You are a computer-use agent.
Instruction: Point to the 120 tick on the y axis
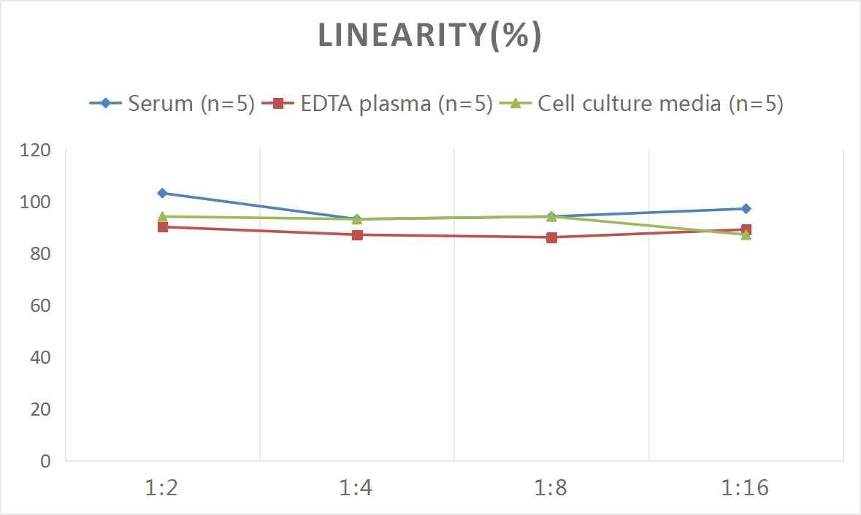(x=36, y=150)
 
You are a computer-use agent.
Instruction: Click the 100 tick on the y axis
(x=36, y=202)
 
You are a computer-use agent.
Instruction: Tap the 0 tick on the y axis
(x=46, y=461)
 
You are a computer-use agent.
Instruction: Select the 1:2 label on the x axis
(x=162, y=488)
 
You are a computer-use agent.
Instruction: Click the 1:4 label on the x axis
(x=356, y=488)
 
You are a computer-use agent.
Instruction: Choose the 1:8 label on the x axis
(x=551, y=488)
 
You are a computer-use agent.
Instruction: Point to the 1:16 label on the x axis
(x=746, y=488)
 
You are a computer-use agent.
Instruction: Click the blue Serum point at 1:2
(x=162, y=193)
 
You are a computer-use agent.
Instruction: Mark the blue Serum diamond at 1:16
(x=746, y=209)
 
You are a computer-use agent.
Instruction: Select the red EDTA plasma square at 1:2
(x=162, y=227)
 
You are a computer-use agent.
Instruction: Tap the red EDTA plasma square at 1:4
(x=357, y=234)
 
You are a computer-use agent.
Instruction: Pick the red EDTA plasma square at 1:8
(x=551, y=237)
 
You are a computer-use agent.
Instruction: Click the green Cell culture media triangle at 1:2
(x=162, y=216)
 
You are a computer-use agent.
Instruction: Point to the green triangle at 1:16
(x=746, y=234)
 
